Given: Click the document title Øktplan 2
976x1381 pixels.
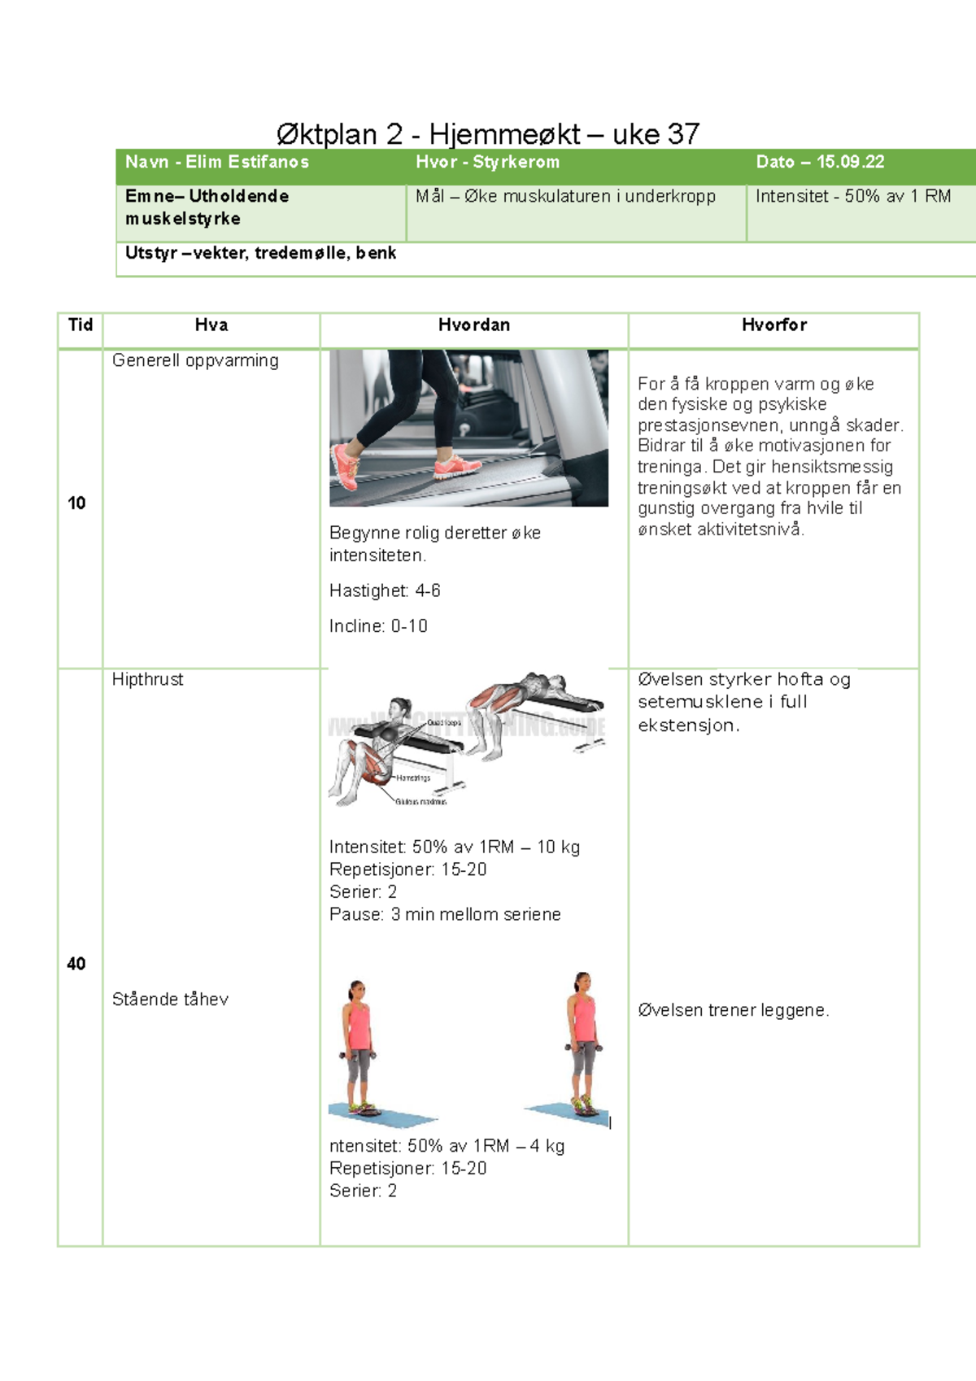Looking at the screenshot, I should point(488,134).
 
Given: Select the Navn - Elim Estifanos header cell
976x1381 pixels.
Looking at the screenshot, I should point(217,162).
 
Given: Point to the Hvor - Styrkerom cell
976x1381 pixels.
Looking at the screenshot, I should point(487,162).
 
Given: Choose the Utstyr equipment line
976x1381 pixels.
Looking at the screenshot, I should point(260,253).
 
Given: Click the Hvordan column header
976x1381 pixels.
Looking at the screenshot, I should point(473,325).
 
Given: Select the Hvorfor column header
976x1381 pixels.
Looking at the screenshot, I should point(773,325).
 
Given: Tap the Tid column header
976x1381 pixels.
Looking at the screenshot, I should point(80,325).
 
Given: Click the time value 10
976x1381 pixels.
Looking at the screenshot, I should point(76,503).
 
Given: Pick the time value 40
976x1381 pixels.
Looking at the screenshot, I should point(76,964).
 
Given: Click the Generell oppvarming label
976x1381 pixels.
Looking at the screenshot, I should point(195,360).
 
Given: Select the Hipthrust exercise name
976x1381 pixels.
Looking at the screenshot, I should point(147,679).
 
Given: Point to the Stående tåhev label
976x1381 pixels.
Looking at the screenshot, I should point(170,1000).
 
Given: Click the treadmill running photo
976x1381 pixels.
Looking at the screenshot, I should point(468,428).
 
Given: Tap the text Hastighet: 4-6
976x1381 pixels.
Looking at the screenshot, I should point(385,590).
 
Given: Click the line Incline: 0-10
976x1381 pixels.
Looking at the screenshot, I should point(378,626).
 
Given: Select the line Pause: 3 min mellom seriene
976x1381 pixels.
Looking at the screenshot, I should point(445,914).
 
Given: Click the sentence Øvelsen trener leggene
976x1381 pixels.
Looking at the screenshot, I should point(733,1010).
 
